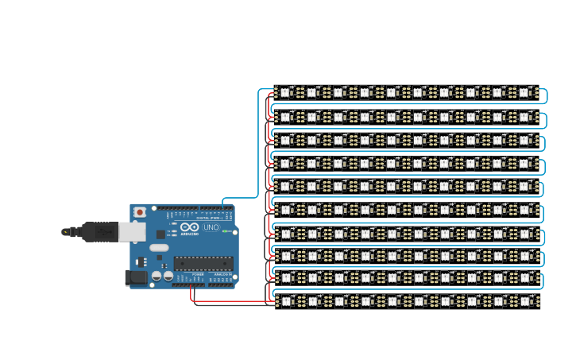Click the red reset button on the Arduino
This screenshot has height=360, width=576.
pyautogui.click(x=140, y=212)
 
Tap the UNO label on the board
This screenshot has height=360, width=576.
pyautogui.click(x=211, y=227)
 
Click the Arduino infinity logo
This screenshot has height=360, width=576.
pyautogui.click(x=189, y=227)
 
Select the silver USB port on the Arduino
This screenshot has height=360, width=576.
pyautogui.click(x=132, y=231)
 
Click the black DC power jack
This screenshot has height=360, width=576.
pyautogui.click(x=136, y=277)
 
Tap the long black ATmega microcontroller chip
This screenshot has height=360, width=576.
pyautogui.click(x=203, y=263)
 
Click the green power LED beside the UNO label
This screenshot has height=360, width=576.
pyautogui.click(x=225, y=231)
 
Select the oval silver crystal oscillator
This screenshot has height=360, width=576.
pyautogui.click(x=159, y=247)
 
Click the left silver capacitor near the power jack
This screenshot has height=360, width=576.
pyautogui.click(x=157, y=275)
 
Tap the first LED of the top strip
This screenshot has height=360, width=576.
pyautogui.click(x=285, y=92)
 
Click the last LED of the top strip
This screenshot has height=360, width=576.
pyautogui.click(x=524, y=92)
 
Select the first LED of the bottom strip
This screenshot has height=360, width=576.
pyautogui.click(x=285, y=301)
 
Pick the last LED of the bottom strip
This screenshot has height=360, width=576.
pyautogui.click(x=524, y=301)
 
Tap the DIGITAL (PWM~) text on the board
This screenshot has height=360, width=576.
pyautogui.click(x=209, y=218)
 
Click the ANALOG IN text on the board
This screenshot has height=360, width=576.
pyautogui.click(x=222, y=274)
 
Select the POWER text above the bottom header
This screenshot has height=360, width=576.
pyautogui.click(x=198, y=274)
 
